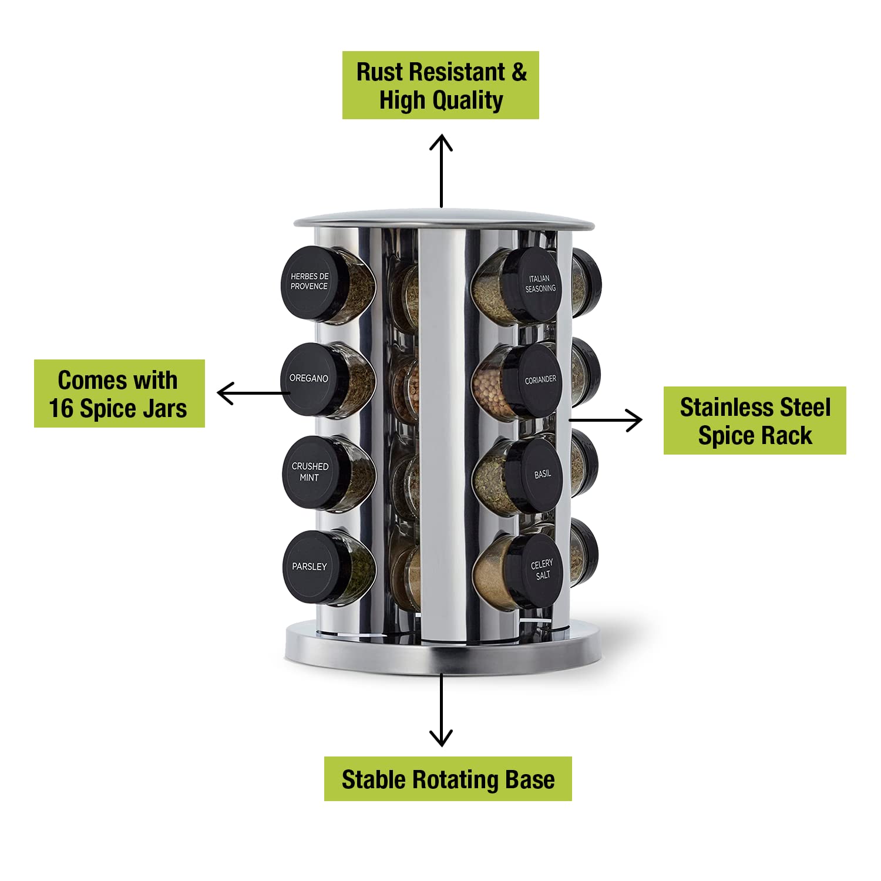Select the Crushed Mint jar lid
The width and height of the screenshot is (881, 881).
point(310,472)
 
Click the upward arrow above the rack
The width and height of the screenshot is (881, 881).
point(441,171)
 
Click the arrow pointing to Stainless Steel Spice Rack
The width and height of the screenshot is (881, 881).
point(606,420)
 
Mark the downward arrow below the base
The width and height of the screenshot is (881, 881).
point(441,709)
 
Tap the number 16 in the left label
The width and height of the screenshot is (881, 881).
point(62,409)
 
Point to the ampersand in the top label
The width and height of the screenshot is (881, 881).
point(519,72)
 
